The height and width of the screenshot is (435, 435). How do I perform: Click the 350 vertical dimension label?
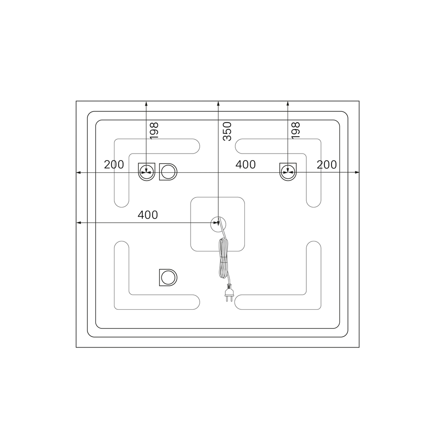tap(227, 131)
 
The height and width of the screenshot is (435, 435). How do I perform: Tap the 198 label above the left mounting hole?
tap(154, 130)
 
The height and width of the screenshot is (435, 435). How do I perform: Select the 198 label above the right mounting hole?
tap(296, 130)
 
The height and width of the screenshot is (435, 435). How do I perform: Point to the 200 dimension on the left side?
tap(114, 165)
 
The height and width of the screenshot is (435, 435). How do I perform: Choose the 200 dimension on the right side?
tap(327, 165)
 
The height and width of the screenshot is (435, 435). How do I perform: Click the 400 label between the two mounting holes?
tap(245, 165)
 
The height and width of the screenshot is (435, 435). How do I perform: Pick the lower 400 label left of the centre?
tap(148, 215)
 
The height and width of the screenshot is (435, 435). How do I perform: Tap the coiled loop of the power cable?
tap(223, 258)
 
